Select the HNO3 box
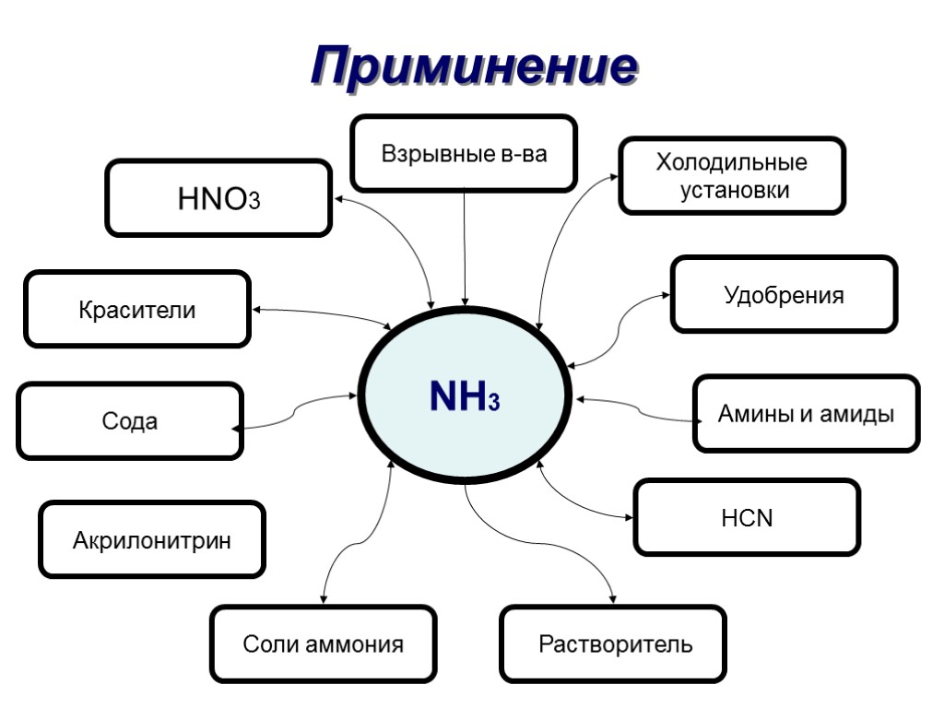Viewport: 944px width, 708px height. pos(218,197)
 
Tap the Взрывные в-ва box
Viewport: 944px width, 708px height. pos(464,153)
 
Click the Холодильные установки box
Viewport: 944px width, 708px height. pos(732,176)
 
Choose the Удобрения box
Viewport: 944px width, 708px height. pos(784,295)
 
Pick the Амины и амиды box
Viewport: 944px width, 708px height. pos(806,414)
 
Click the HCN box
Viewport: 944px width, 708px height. pos(747,517)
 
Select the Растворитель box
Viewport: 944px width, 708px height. pos(613,643)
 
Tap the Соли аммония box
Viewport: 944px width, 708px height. pos(323,643)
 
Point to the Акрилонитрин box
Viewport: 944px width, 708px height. pos(152,539)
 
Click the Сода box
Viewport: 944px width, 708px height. pos(130,421)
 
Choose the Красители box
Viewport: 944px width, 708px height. pos(137,309)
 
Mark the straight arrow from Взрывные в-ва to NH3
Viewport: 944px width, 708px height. pos(465,249)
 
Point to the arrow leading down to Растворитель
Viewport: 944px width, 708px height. pos(562,548)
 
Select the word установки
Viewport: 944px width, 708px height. pos(735,191)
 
